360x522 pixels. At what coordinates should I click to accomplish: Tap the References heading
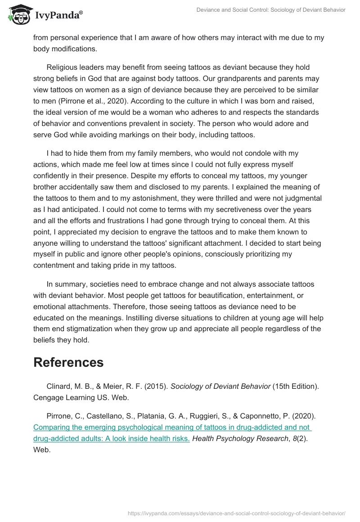click(68, 362)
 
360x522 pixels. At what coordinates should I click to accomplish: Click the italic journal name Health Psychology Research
click(237, 439)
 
